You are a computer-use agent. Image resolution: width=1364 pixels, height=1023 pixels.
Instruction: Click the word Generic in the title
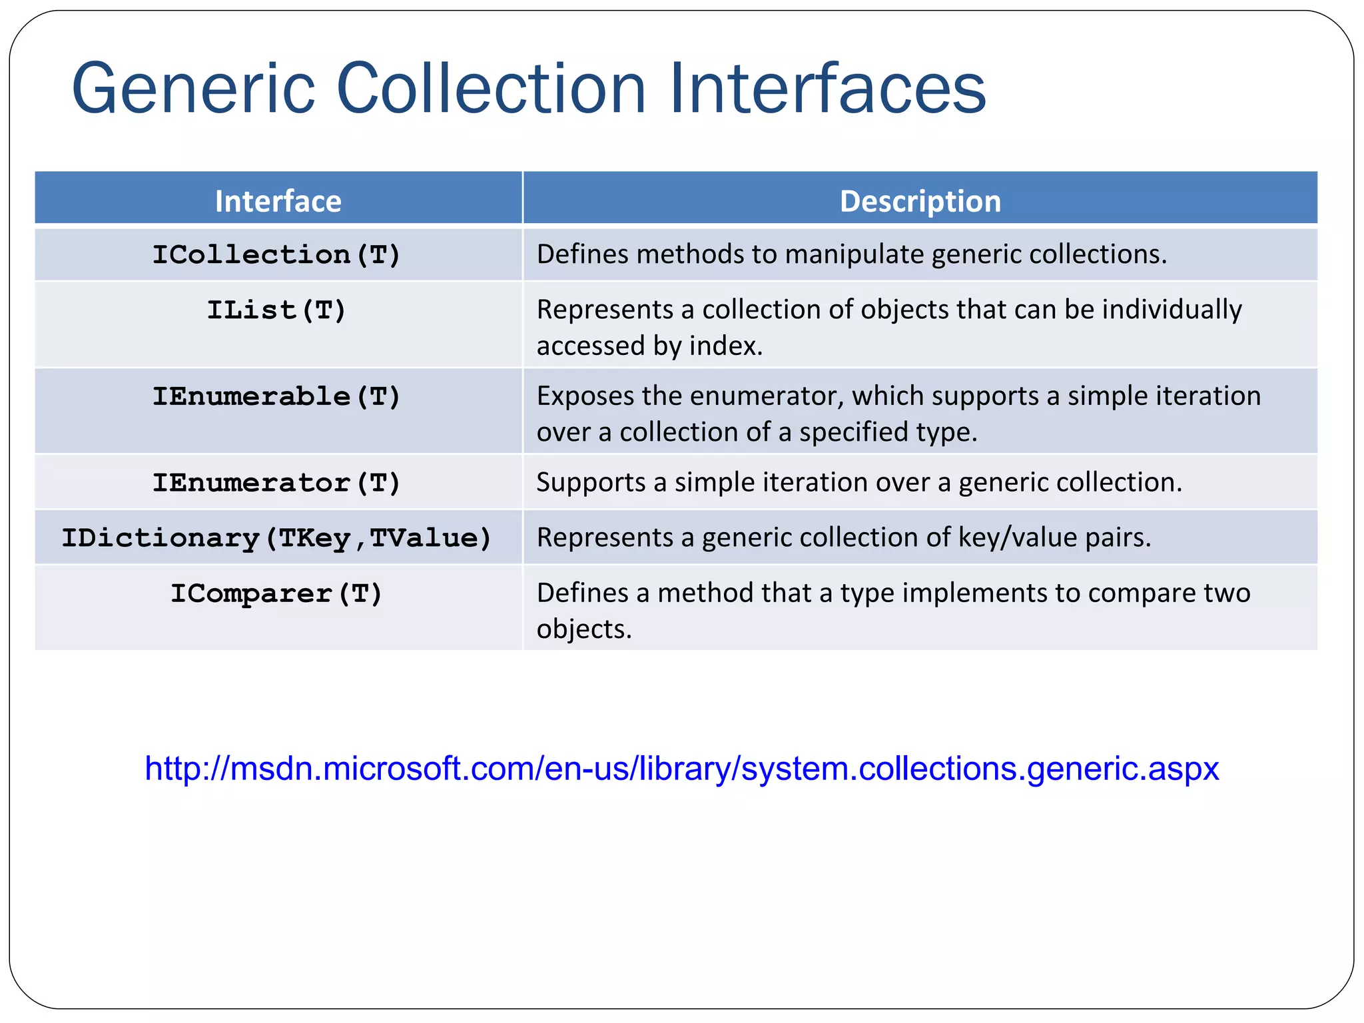tap(193, 89)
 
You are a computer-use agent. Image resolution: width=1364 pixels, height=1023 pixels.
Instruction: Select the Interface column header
tap(278, 201)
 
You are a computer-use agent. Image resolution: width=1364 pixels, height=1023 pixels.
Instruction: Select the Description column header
tap(920, 201)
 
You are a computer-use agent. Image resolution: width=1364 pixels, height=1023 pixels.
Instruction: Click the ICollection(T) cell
tap(276, 254)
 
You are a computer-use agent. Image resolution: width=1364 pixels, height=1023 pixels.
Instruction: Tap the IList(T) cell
tap(276, 310)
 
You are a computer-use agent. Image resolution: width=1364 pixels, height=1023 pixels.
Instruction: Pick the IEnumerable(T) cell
tap(276, 397)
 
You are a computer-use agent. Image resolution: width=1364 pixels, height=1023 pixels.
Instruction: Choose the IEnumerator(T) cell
tap(276, 483)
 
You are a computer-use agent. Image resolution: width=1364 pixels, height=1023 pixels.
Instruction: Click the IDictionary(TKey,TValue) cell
tap(276, 538)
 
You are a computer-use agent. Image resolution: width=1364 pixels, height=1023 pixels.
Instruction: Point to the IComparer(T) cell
tap(276, 593)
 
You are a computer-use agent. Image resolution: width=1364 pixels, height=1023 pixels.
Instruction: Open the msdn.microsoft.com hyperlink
tap(681, 769)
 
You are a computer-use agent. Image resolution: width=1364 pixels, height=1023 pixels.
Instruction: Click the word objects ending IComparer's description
tap(583, 629)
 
